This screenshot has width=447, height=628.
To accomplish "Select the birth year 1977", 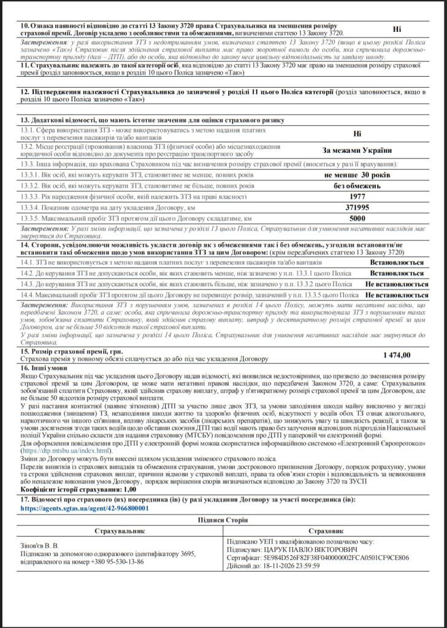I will (x=357, y=197).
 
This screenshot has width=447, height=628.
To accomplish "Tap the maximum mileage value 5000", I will (x=357, y=218).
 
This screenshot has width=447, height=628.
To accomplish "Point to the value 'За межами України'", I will (x=357, y=150).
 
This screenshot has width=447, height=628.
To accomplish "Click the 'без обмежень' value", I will (x=357, y=186).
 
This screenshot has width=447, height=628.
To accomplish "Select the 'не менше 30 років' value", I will (x=357, y=175).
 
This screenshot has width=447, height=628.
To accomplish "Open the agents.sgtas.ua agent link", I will (x=85, y=508).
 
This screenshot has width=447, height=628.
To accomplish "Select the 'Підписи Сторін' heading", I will (x=223, y=519).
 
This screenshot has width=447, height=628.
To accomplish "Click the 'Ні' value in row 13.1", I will (x=357, y=132).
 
